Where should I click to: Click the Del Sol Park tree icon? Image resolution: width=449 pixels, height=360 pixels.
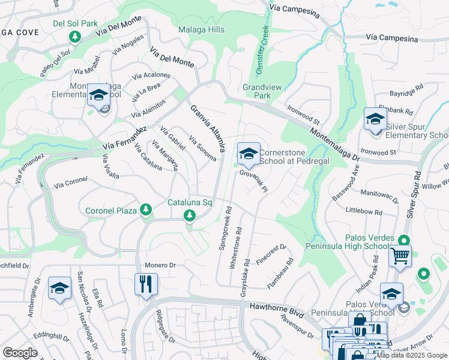[75, 37]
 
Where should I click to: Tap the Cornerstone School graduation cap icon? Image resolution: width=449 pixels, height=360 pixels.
[248, 154]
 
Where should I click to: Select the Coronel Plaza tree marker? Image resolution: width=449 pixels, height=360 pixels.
[145, 209]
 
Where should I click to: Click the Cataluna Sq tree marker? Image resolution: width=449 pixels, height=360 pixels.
[190, 215]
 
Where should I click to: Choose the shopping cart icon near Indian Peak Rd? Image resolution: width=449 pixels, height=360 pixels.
[400, 256]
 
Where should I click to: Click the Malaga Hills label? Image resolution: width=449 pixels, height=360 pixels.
[202, 29]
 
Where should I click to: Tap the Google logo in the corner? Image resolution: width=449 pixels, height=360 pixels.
[20, 352]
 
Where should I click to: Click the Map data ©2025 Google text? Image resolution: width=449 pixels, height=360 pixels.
[412, 355]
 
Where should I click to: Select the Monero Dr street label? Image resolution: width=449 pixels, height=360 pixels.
[160, 265]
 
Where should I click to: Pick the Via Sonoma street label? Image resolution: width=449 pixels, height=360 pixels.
[203, 149]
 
